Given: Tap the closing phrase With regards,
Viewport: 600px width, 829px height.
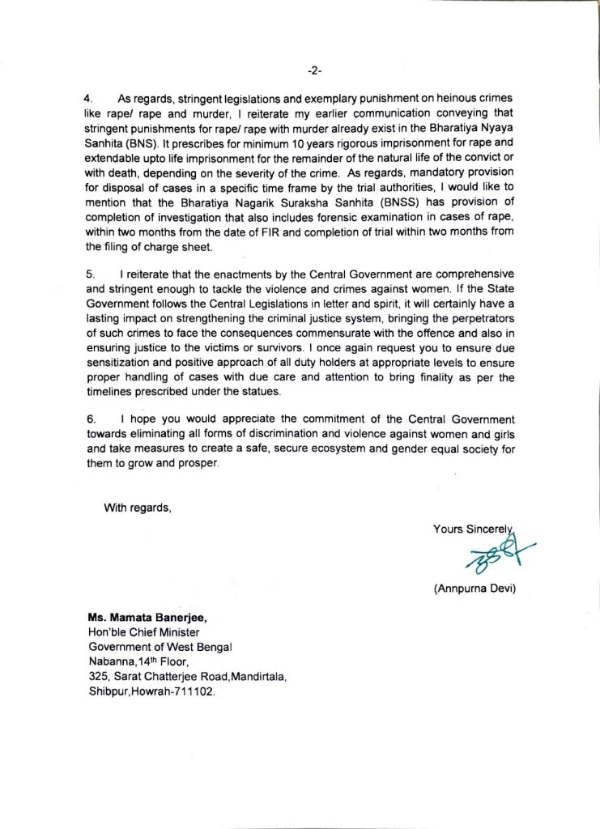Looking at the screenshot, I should (138, 508).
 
